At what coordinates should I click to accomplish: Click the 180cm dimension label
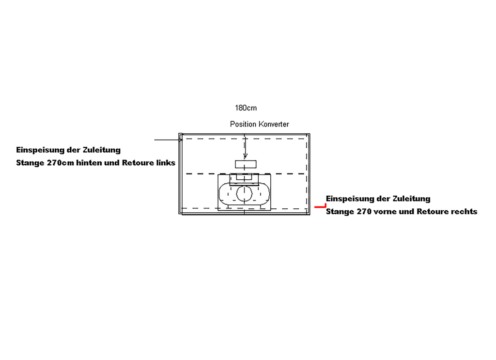point(246,108)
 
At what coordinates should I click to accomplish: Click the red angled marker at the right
point(321,206)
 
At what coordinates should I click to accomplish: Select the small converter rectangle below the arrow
point(246,164)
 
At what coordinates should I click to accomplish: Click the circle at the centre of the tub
point(244,194)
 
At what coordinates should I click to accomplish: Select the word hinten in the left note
point(87,163)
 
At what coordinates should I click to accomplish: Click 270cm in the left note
point(61,163)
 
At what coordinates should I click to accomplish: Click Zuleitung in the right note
point(411,199)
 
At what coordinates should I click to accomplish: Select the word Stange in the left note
point(30,163)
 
